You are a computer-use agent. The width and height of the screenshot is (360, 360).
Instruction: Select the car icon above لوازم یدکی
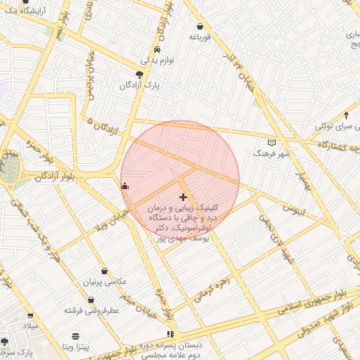click(156, 49)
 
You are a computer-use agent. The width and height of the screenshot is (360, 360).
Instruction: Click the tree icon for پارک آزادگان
click(139, 74)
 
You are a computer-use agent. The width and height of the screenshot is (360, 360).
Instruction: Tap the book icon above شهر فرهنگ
click(271, 143)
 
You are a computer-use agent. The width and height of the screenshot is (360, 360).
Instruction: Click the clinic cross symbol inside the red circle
click(184, 198)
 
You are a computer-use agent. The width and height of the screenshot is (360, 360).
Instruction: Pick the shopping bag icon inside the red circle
click(125, 186)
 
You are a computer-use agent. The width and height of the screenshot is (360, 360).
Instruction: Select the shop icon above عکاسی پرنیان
click(104, 271)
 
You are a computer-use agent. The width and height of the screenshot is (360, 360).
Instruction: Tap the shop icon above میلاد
click(30, 316)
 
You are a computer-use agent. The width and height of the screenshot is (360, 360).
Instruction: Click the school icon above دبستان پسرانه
click(169, 334)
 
